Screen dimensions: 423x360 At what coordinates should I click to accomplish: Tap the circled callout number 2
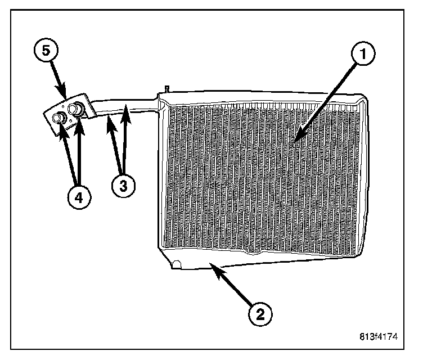click(x=260, y=313)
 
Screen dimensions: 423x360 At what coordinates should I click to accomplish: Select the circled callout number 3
click(x=123, y=186)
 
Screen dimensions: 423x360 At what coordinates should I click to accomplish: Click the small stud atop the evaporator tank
click(x=167, y=89)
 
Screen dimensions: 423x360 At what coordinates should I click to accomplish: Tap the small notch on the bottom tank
click(x=178, y=262)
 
